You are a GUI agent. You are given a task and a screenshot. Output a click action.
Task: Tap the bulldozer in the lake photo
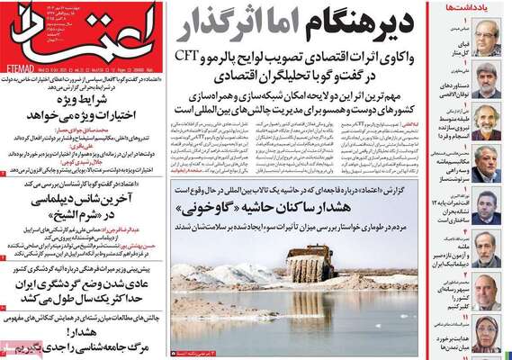pos(310,265)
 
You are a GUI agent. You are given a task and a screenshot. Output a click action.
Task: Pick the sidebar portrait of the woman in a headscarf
pos(487,334)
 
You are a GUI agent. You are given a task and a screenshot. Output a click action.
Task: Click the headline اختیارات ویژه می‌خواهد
pos(86,115)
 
